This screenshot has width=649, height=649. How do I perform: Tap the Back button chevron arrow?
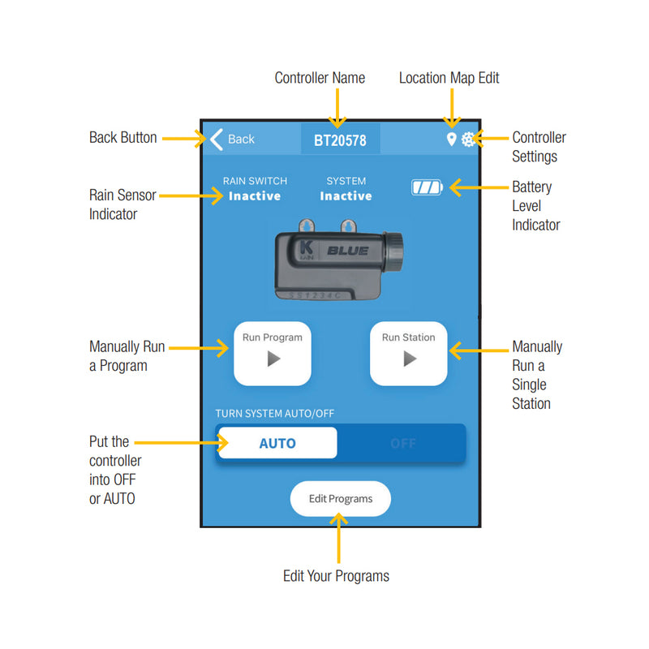[x=216, y=139]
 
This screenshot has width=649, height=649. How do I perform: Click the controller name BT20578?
[x=340, y=140]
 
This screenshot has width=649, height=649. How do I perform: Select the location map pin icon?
[x=452, y=140]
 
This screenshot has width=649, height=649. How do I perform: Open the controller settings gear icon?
[x=468, y=140]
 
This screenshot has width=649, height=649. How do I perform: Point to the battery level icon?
[x=427, y=188]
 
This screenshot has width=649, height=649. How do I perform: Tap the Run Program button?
[x=273, y=353]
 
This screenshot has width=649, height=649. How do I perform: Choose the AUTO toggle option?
[x=277, y=444]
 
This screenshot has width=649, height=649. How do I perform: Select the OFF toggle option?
[x=402, y=444]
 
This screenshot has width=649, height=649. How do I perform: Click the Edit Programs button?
[x=341, y=499]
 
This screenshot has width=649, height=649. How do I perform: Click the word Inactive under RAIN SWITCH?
[x=255, y=196]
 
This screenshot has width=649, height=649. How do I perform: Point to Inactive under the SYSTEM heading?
[x=346, y=196]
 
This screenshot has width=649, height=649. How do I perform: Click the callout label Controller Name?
[x=320, y=78]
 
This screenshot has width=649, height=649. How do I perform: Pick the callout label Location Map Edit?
[x=449, y=78]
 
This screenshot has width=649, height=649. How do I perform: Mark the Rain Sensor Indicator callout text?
[x=122, y=204]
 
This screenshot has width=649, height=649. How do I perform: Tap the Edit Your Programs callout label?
[x=336, y=576]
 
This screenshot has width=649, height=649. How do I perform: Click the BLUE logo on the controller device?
[x=348, y=251]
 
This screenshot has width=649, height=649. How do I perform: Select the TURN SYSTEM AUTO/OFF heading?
[x=274, y=414]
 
